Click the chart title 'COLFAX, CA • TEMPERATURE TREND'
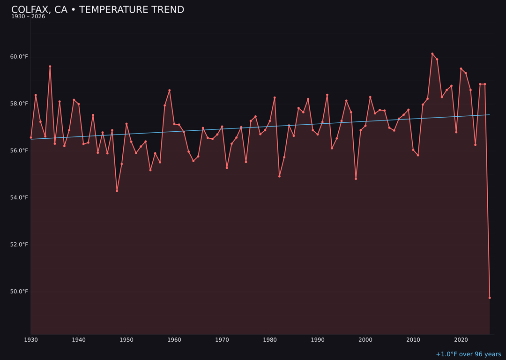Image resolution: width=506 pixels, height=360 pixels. pos(97,10)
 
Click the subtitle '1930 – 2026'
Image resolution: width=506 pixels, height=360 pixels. pos(28,17)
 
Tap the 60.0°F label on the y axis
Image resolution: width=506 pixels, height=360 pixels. pos(19,57)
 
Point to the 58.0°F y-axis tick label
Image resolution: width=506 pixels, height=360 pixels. pos(19,104)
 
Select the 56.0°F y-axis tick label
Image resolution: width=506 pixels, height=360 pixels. pos(19,150)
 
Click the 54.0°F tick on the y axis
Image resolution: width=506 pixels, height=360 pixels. pos(19,197)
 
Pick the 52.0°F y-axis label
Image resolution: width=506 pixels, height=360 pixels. pos(19,245)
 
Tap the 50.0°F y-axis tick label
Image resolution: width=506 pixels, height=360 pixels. pos(19,292)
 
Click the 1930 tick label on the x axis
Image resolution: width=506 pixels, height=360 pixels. pos(31,340)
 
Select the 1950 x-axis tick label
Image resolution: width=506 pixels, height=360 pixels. pos(126,340)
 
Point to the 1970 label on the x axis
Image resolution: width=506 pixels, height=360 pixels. pos(222,340)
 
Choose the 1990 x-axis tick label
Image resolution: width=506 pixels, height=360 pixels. pos(318,340)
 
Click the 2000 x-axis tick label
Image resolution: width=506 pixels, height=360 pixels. pos(365,340)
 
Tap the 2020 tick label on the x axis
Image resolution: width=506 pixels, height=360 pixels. pos(461,340)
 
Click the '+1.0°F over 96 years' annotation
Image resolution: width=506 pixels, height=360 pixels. pos(468,354)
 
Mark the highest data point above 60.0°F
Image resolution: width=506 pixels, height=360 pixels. pos(432,54)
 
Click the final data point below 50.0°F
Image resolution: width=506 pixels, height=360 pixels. pos(490,298)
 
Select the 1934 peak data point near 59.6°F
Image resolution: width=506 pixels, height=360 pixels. pos(50,67)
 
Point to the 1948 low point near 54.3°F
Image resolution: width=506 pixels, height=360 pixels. pos(117,191)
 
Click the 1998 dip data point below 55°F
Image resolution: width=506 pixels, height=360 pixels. pos(356,179)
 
